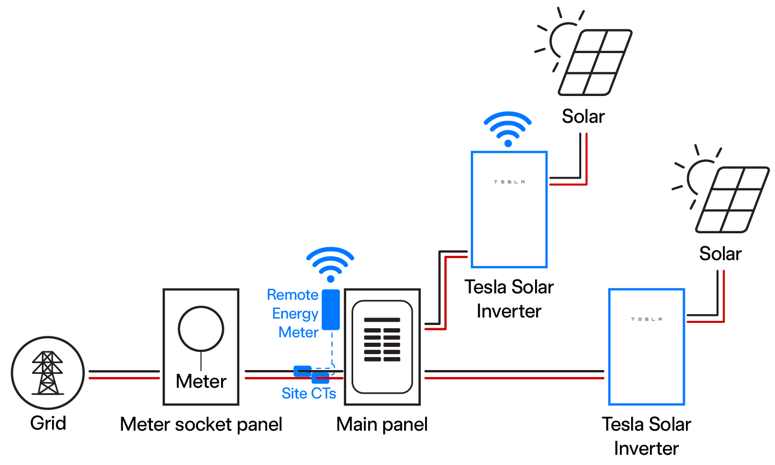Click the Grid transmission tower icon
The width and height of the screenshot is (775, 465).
pos(48,373)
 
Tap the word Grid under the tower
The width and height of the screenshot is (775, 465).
pos(48,423)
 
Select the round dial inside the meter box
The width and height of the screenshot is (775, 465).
pos(201,329)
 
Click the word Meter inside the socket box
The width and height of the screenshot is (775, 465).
pos(201,381)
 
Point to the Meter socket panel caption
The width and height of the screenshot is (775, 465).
pos(201,424)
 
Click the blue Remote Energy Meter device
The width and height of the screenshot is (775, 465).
pos(331,309)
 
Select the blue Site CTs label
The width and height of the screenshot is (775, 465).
pos(309,394)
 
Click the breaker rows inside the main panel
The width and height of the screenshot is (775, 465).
pos(382,340)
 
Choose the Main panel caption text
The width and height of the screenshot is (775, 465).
pos(382,424)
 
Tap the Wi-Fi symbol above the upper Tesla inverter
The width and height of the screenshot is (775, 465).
pos(508,129)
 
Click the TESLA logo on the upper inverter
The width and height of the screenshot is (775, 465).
pos(509,182)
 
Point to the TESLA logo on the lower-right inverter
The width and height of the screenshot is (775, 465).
pos(646,320)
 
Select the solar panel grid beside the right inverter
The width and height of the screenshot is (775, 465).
pos(732,200)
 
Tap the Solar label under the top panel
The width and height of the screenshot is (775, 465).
pos(583,116)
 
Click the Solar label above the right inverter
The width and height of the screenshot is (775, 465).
pos(720,254)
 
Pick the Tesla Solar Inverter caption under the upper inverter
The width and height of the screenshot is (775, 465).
pos(509,299)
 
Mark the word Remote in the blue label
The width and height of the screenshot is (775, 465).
pos(293,295)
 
